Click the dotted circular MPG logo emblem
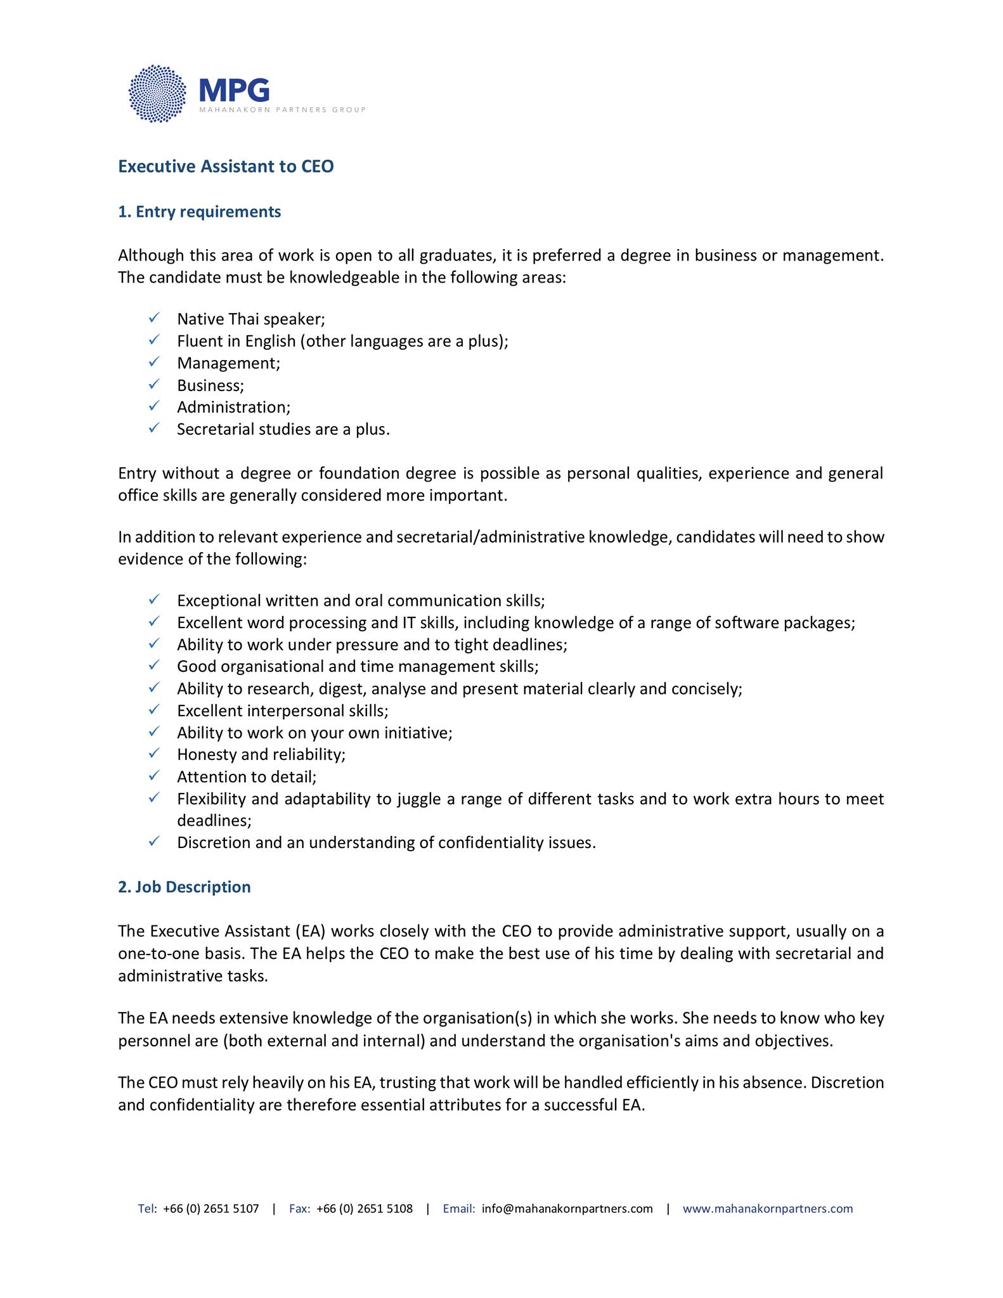[x=157, y=94]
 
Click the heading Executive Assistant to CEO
[x=226, y=167]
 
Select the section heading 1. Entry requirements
[x=199, y=212]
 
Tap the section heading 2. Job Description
[x=184, y=887]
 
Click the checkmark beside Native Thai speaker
[x=154, y=318]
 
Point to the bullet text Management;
[x=228, y=363]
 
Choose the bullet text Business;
[x=210, y=385]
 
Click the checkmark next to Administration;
[x=154, y=406]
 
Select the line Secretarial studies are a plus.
[x=283, y=429]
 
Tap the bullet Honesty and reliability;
[x=261, y=754]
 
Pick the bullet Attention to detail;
[x=247, y=776]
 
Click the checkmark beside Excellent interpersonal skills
[x=154, y=709]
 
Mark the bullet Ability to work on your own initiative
[x=314, y=733]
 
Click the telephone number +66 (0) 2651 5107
[x=210, y=1209]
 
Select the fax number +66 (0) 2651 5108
[x=364, y=1209]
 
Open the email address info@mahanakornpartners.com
[x=567, y=1209]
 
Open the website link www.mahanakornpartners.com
[x=767, y=1209]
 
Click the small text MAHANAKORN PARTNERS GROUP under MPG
[x=282, y=110]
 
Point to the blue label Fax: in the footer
[x=299, y=1209]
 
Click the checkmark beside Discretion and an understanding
[x=154, y=841]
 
